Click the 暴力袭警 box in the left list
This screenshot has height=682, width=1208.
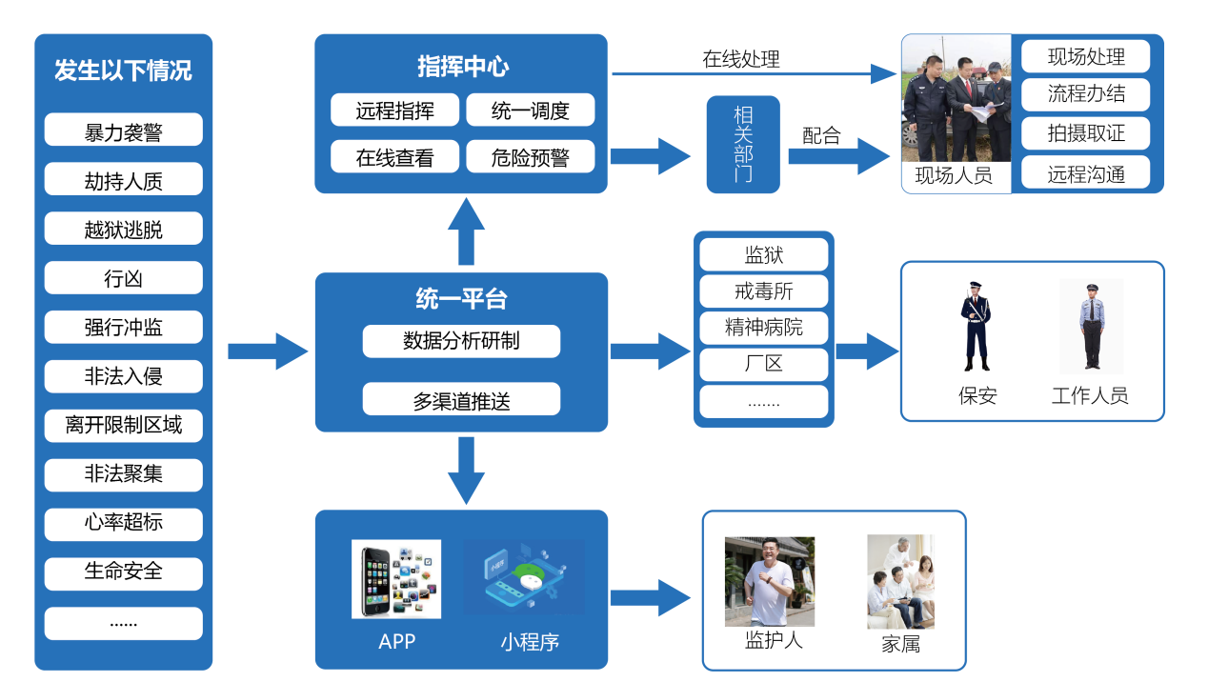tap(123, 130)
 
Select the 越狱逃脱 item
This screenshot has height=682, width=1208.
tap(123, 229)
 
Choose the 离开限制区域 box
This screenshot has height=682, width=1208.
tap(123, 426)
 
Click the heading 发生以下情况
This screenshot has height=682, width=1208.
tap(123, 70)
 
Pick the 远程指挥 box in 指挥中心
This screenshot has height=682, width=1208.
tap(394, 110)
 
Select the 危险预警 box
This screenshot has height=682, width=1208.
tap(530, 157)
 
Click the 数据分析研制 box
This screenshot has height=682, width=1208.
tap(461, 341)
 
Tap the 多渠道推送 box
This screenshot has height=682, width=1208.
tap(461, 400)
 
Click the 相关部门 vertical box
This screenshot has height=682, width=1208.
tap(742, 144)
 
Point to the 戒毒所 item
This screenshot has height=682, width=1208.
tap(763, 291)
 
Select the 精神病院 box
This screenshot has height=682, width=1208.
tap(763, 328)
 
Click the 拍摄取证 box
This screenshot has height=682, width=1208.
tap(1085, 133)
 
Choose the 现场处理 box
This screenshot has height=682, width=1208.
tap(1085, 56)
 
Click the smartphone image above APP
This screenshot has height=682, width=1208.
tap(395, 579)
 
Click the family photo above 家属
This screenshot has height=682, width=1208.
tap(900, 581)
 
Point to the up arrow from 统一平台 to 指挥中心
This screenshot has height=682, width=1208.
tap(466, 232)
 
